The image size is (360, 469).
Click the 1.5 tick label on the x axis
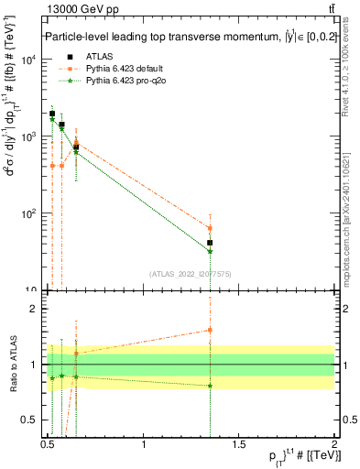coord(238,444)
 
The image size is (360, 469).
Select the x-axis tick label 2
coord(333,444)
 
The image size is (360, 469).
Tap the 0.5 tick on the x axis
coord(49,444)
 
